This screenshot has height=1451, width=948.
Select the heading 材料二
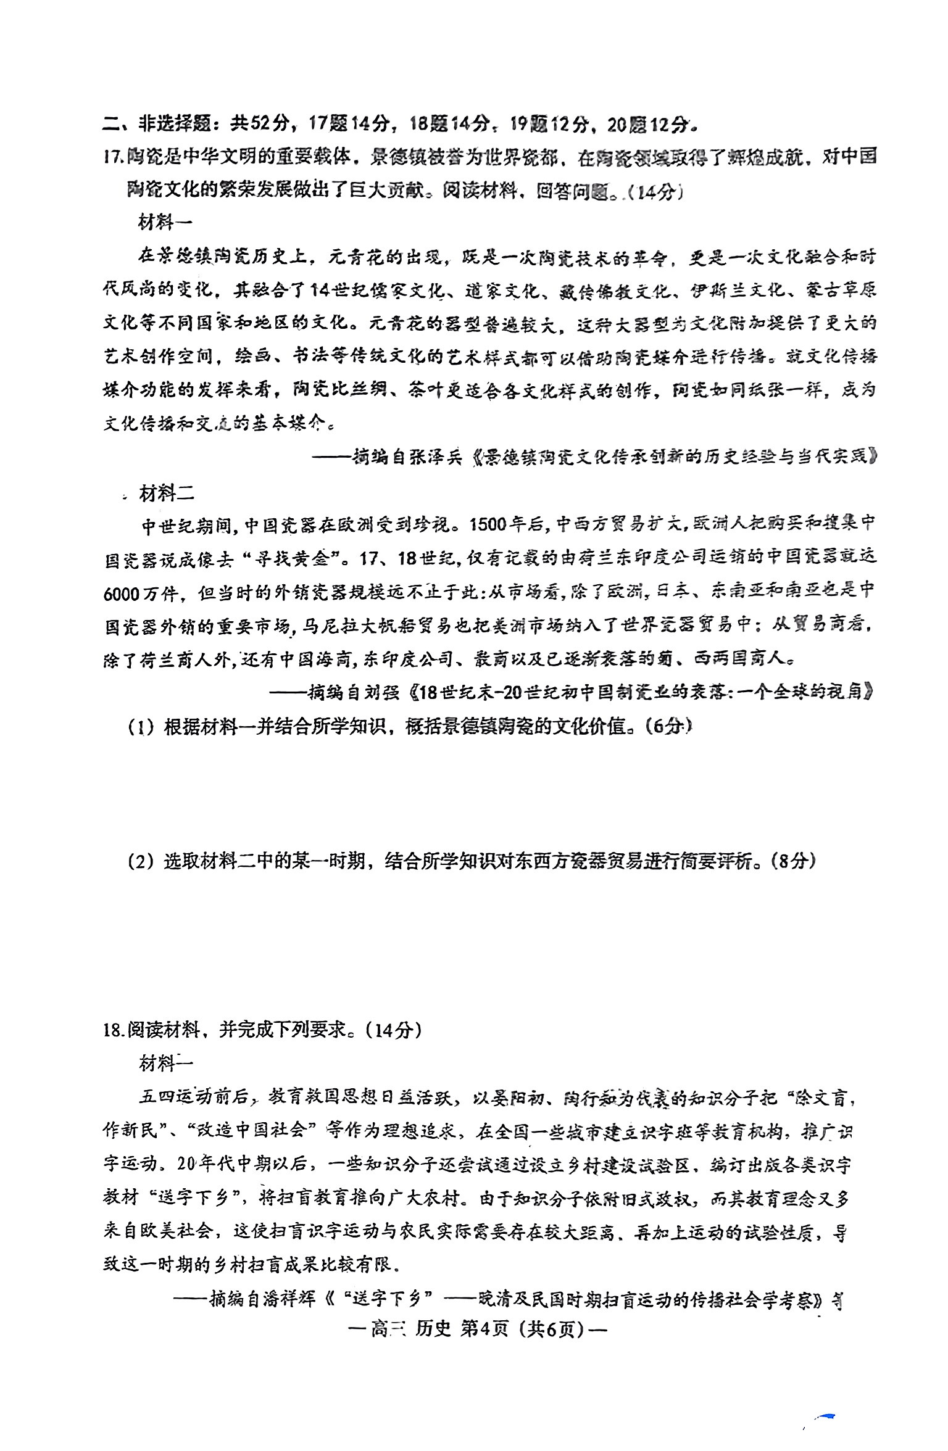pos(166,493)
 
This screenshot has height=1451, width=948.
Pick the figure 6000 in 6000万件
pos(122,593)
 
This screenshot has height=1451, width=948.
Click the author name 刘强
pos(380,692)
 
